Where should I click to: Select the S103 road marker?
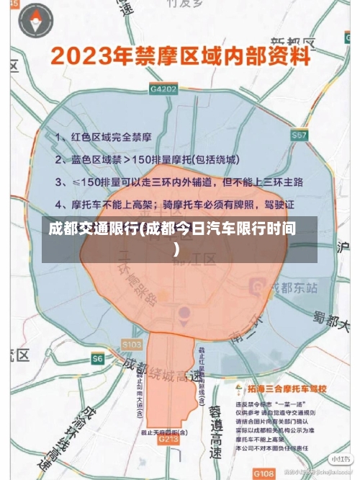pyautogui.click(x=132, y=345)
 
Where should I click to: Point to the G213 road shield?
pyautogui.click(x=168, y=438)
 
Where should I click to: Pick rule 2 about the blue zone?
pyautogui.click(x=147, y=159)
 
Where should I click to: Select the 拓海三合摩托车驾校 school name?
pyautogui.click(x=285, y=389)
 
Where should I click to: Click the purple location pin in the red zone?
pyautogui.click(x=184, y=313)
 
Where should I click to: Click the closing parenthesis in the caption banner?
pyautogui.click(x=176, y=249)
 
